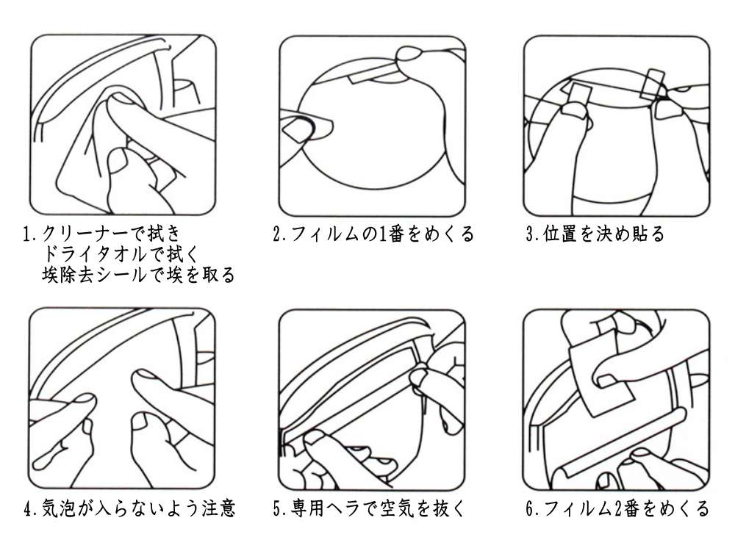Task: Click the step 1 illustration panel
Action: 123,125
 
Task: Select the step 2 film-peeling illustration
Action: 373,126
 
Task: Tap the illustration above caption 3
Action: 617,126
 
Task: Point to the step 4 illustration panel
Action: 122,399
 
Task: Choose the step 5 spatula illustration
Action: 372,400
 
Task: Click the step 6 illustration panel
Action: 617,400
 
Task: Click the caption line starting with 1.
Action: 101,234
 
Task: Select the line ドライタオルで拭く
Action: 120,254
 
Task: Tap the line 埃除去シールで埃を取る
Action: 138,275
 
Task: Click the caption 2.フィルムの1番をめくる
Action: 373,234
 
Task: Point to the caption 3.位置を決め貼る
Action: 595,234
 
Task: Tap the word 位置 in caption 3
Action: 560,234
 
